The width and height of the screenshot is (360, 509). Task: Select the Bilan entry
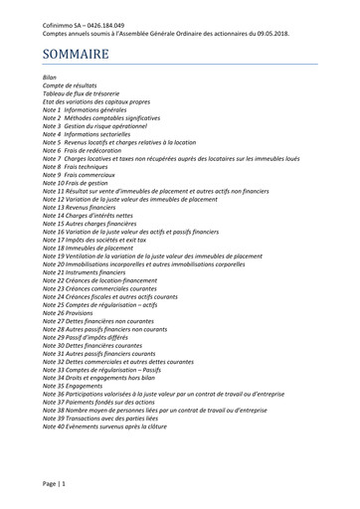click(x=50, y=77)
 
